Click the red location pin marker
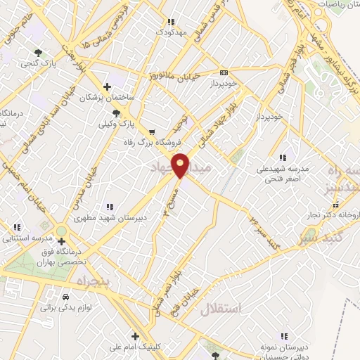pyautogui.click(x=181, y=165)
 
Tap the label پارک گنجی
pyautogui.click(x=39, y=63)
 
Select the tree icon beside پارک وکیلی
pyautogui.click(x=116, y=113)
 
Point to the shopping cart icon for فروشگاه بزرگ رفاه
pyautogui.click(x=152, y=131)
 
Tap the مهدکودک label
pyautogui.click(x=169, y=32)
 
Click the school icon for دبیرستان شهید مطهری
pyautogui.click(x=110, y=207)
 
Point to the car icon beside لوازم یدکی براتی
pyautogui.click(x=65, y=297)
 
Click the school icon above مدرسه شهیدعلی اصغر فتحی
pyautogui.click(x=282, y=157)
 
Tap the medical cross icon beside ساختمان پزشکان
pyautogui.click(x=106, y=86)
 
